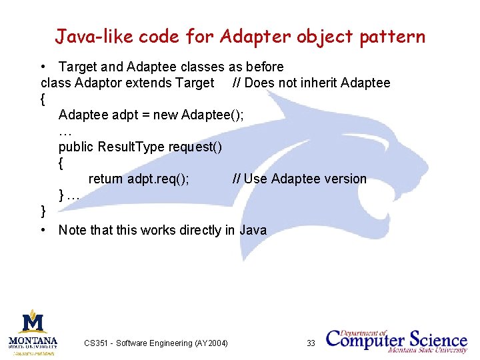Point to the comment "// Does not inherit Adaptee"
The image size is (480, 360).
pos(311,83)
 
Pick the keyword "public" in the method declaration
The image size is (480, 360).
pos(76,147)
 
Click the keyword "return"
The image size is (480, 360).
pos(106,179)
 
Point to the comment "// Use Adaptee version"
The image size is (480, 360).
pos(299,179)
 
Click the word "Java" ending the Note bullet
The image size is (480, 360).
pos(253,231)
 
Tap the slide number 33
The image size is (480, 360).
pos(311,343)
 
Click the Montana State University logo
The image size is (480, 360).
pos(33,331)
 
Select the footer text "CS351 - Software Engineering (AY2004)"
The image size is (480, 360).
pos(156,343)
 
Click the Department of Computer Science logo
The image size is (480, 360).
pos(396,340)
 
